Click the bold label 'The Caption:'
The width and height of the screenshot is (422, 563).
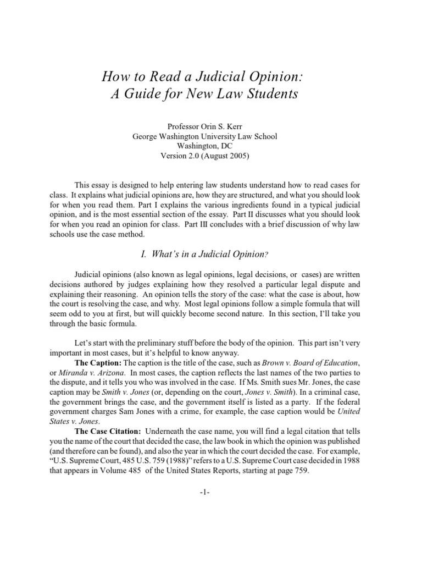[98, 363]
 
